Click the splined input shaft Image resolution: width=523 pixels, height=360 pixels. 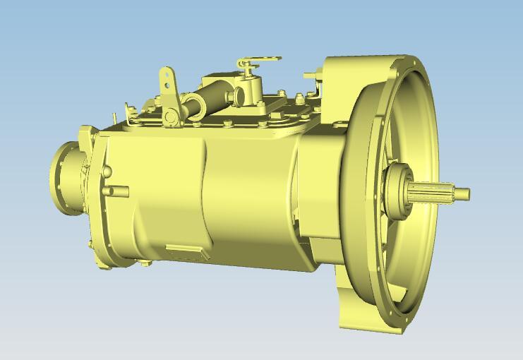pos(434,192)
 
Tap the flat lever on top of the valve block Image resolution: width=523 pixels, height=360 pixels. pos(259,60)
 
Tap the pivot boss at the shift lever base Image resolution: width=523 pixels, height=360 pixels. pos(172,115)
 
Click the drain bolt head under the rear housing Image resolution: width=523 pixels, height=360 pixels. pos(145,263)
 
